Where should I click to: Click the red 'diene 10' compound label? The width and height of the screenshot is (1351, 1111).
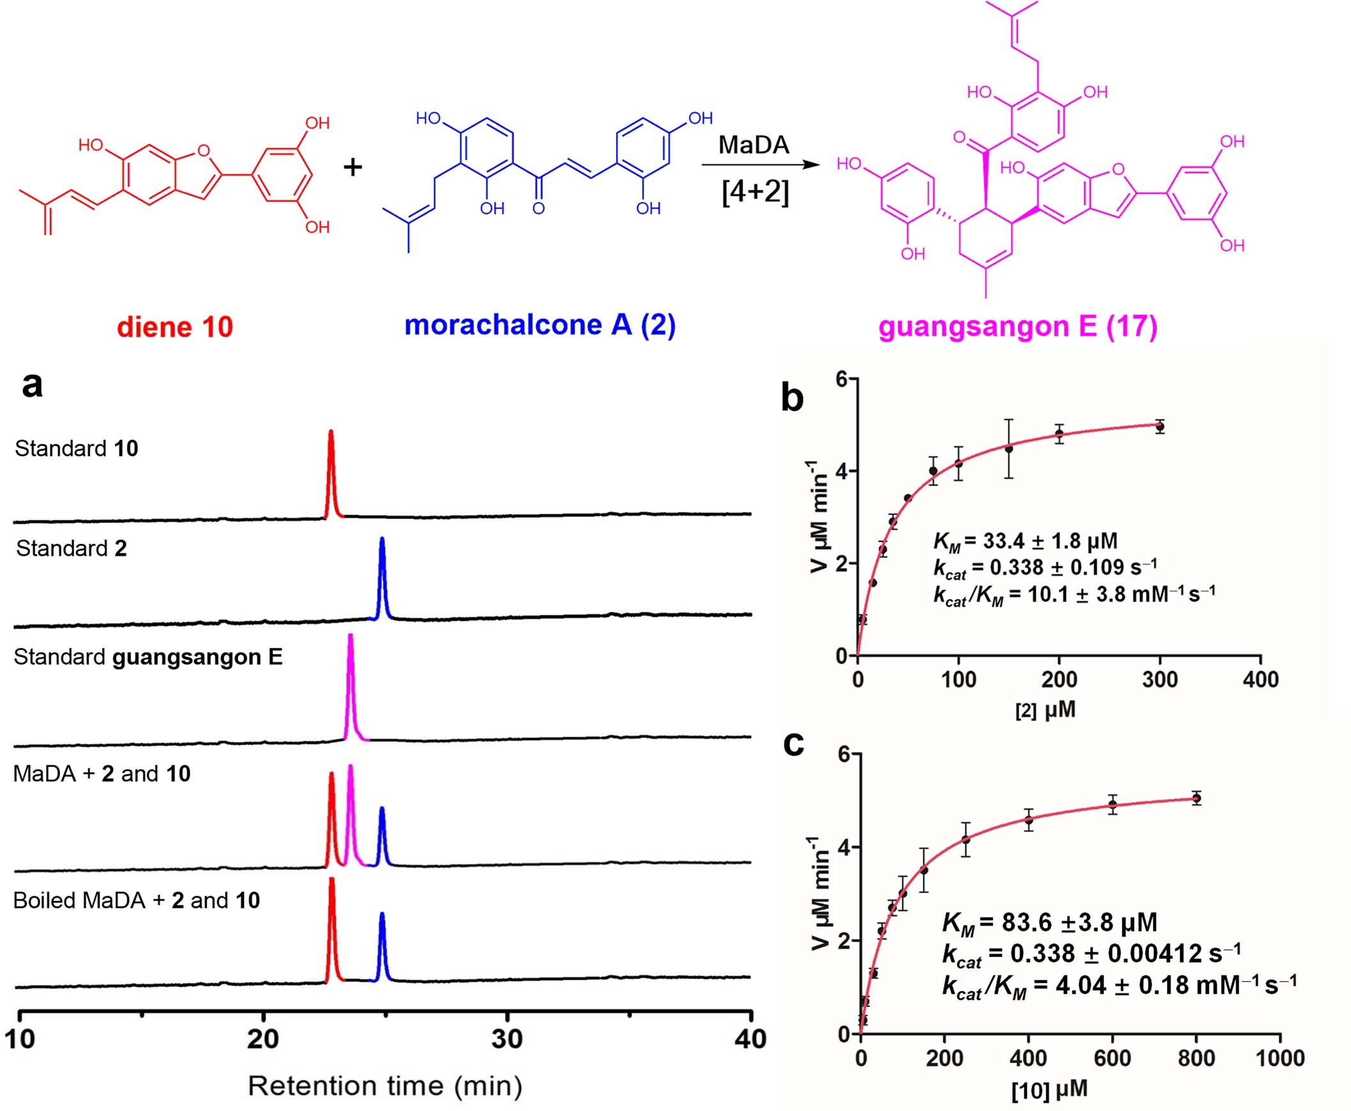(x=174, y=327)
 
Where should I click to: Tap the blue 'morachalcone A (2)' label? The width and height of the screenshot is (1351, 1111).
(x=539, y=325)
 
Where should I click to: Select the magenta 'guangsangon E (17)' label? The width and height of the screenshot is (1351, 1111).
(x=1018, y=327)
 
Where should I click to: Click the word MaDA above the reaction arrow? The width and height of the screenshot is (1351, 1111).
(x=753, y=144)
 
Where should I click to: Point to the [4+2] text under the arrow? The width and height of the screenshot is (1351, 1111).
(x=755, y=191)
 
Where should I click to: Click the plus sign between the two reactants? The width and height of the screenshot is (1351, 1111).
(x=353, y=167)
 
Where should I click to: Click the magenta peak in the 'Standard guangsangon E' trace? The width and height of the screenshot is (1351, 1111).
(x=350, y=685)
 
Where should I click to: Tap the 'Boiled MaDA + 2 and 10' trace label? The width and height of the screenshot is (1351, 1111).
(x=136, y=901)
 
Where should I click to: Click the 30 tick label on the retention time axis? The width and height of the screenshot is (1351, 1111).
(x=507, y=1039)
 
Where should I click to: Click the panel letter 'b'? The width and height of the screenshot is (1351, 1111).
(x=792, y=398)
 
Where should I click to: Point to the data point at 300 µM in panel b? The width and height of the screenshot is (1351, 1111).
(x=1160, y=426)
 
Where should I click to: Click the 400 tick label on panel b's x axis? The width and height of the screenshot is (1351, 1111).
(x=1260, y=679)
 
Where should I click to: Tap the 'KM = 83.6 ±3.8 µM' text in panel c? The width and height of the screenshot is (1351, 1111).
(x=1049, y=922)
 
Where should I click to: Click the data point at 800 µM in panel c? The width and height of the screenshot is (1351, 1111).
(x=1196, y=798)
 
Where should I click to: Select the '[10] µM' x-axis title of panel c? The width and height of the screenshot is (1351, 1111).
(x=1049, y=1089)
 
